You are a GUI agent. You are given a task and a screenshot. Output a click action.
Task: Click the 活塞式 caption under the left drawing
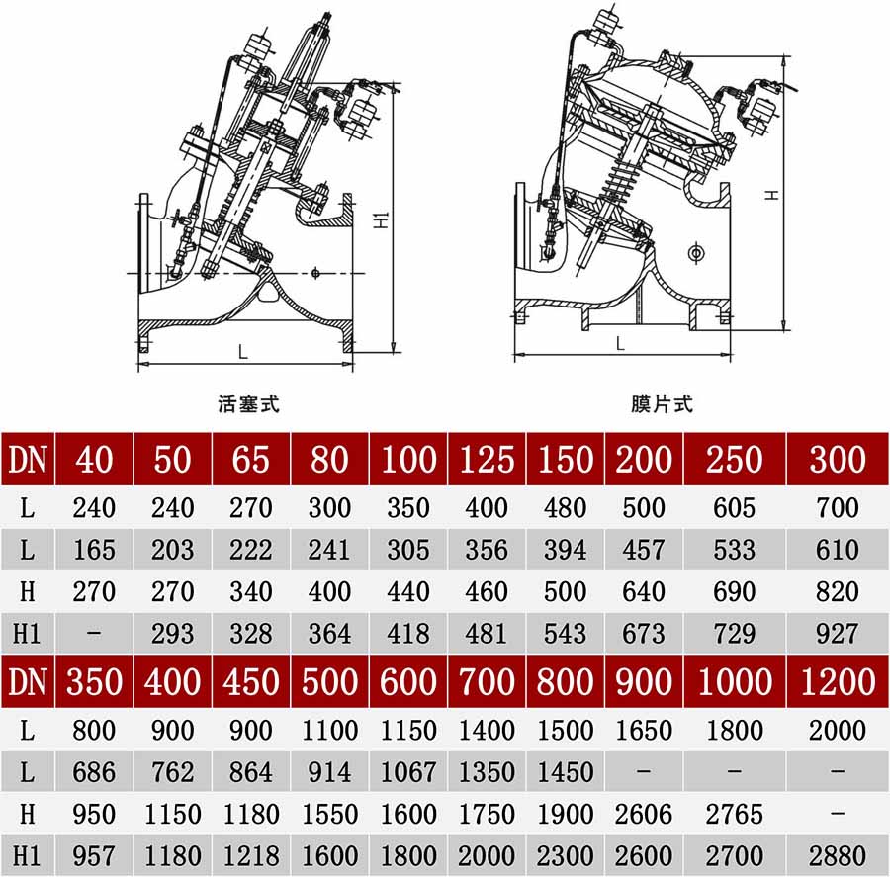point(248,404)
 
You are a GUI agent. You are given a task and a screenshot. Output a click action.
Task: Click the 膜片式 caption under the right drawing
point(662,404)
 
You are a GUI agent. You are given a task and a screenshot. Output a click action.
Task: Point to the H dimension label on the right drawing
point(771,195)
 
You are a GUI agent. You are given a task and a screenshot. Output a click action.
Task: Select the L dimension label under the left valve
point(243,352)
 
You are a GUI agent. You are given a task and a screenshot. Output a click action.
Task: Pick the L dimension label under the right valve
point(620,343)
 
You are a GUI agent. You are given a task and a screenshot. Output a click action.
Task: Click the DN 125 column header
point(487,459)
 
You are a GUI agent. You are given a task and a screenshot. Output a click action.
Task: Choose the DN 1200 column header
point(838,681)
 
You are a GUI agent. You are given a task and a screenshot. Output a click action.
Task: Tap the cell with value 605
point(734,507)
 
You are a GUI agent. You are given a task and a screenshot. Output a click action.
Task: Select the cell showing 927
point(838,634)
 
